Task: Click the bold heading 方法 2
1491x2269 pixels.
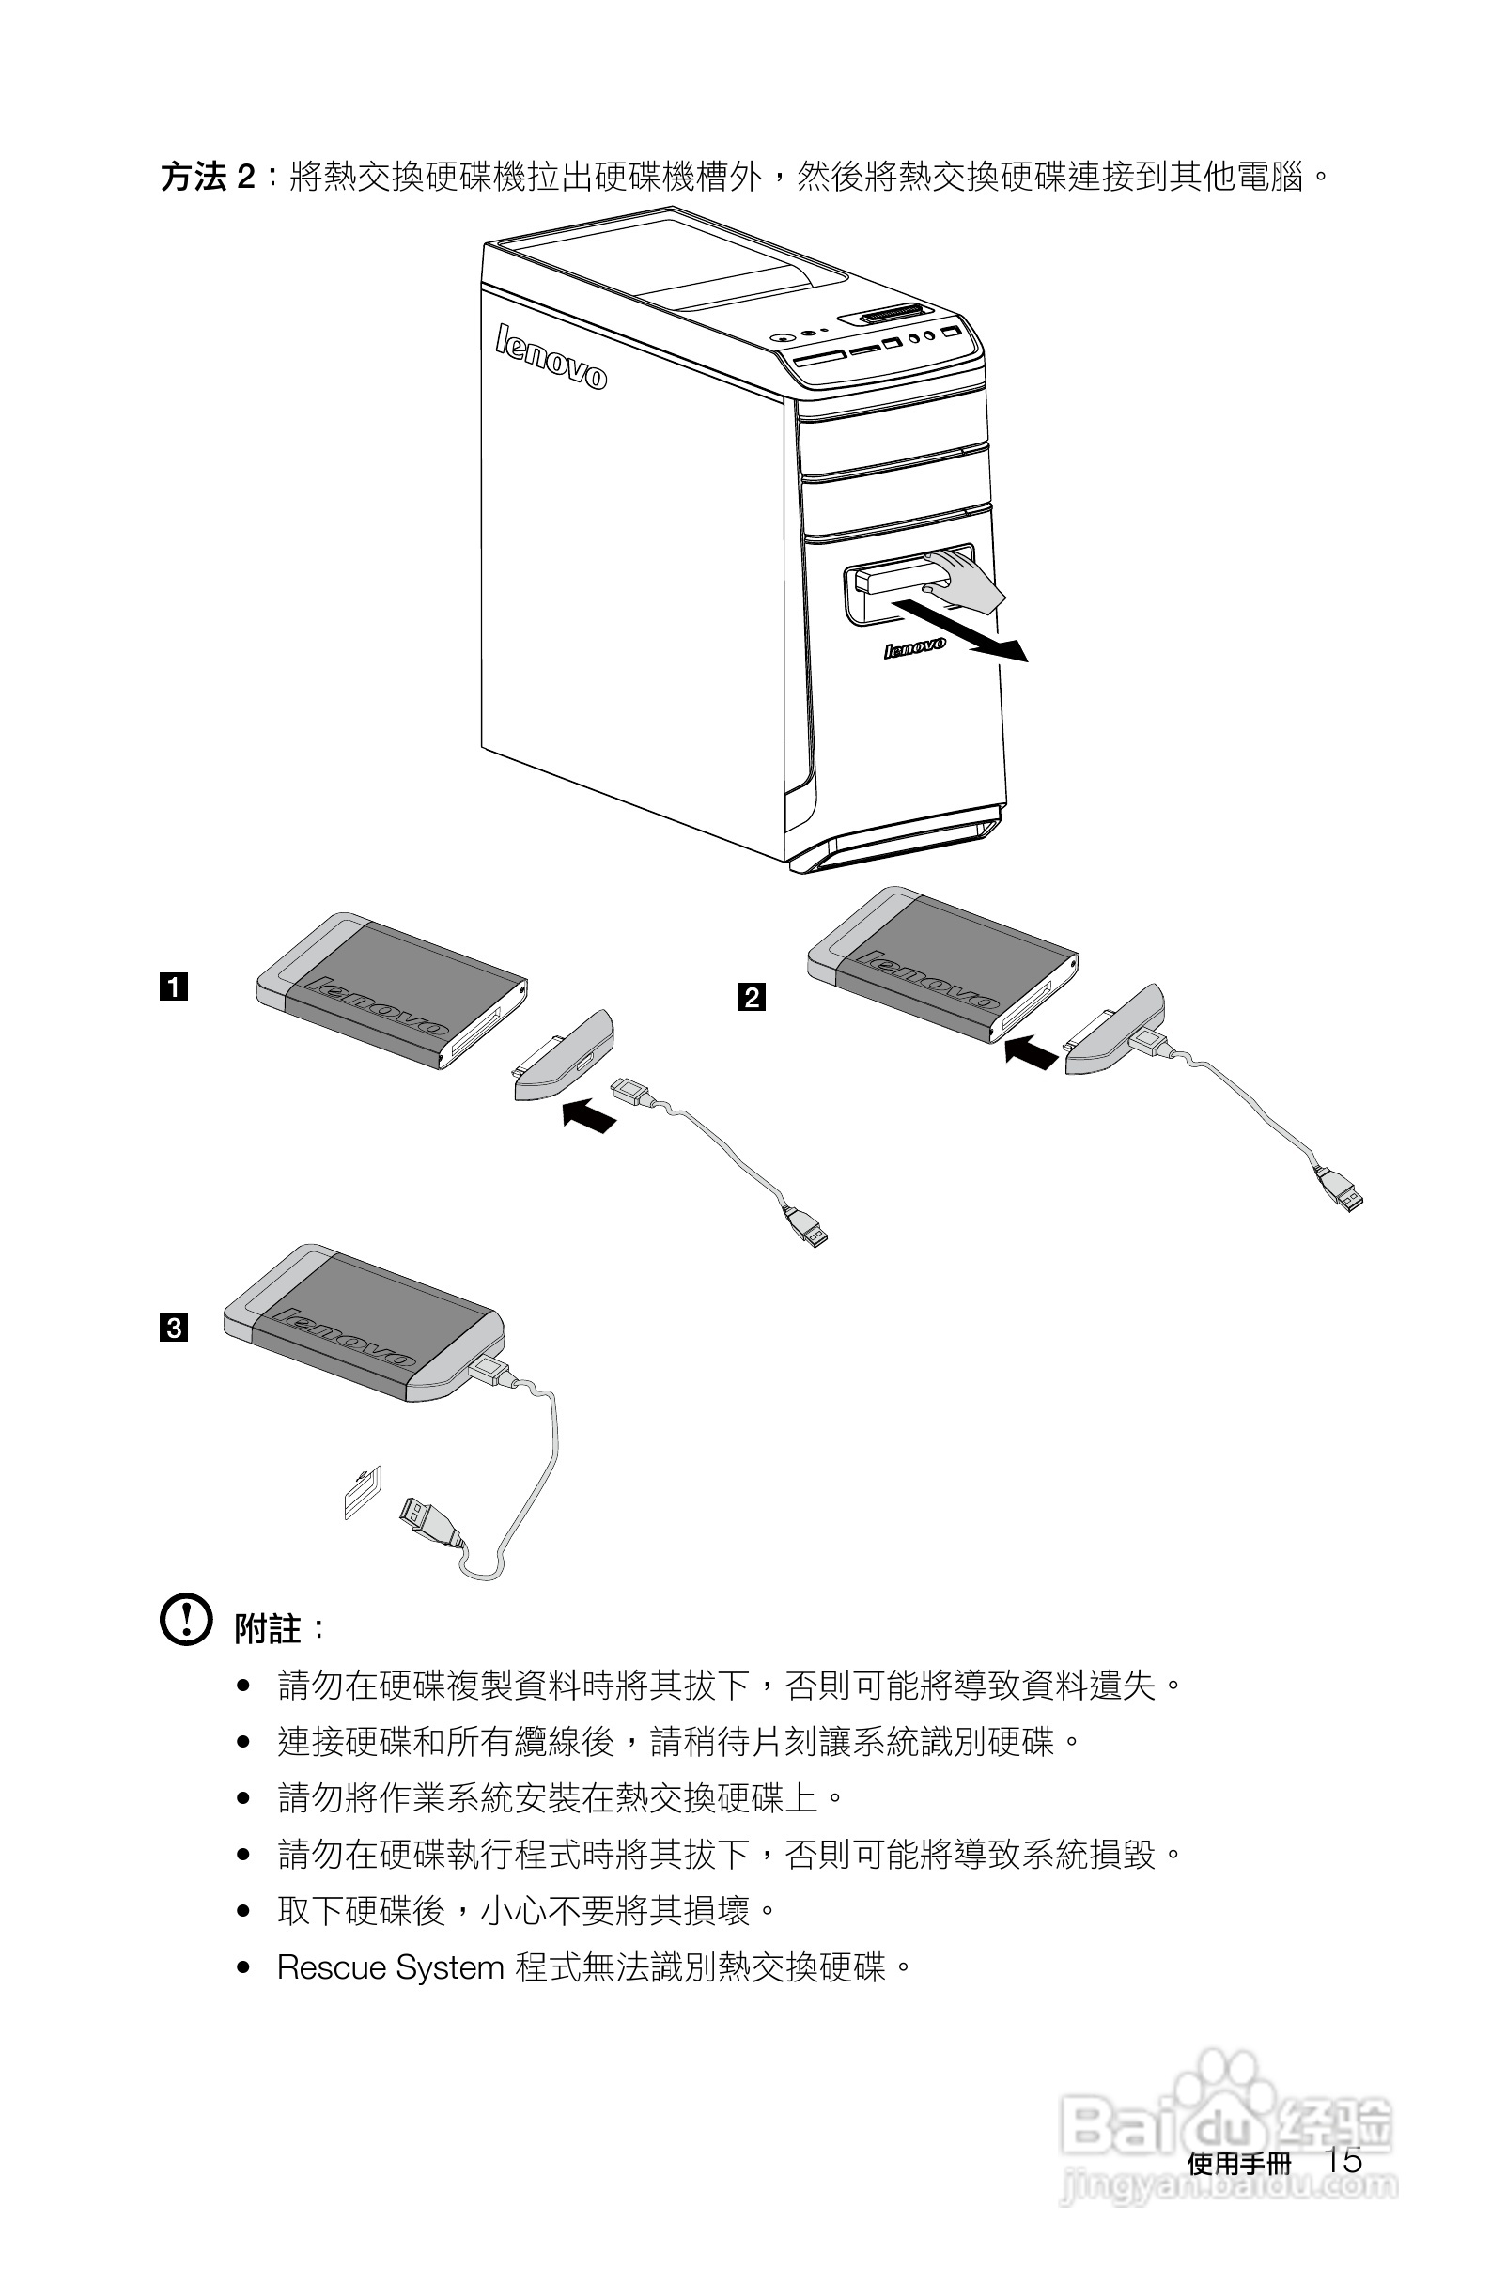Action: click(207, 178)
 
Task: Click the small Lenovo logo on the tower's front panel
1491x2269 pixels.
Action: click(914, 647)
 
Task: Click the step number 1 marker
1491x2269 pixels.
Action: click(174, 987)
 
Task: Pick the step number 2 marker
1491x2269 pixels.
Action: click(752, 997)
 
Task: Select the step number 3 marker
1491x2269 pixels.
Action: click(174, 1327)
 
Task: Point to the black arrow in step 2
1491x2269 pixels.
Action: click(1032, 1052)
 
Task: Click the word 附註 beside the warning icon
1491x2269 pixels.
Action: click(268, 1629)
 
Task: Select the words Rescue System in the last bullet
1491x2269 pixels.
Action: click(390, 1967)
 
